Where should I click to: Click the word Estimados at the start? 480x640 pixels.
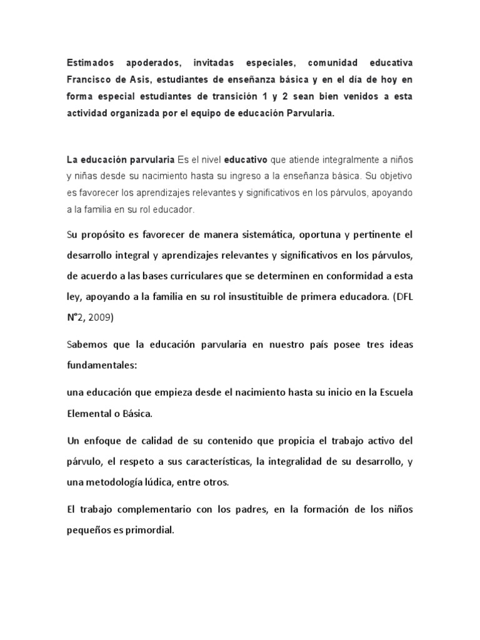tap(90, 63)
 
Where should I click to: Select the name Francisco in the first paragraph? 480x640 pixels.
tap(92, 81)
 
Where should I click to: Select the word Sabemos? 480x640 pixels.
tap(89, 345)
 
